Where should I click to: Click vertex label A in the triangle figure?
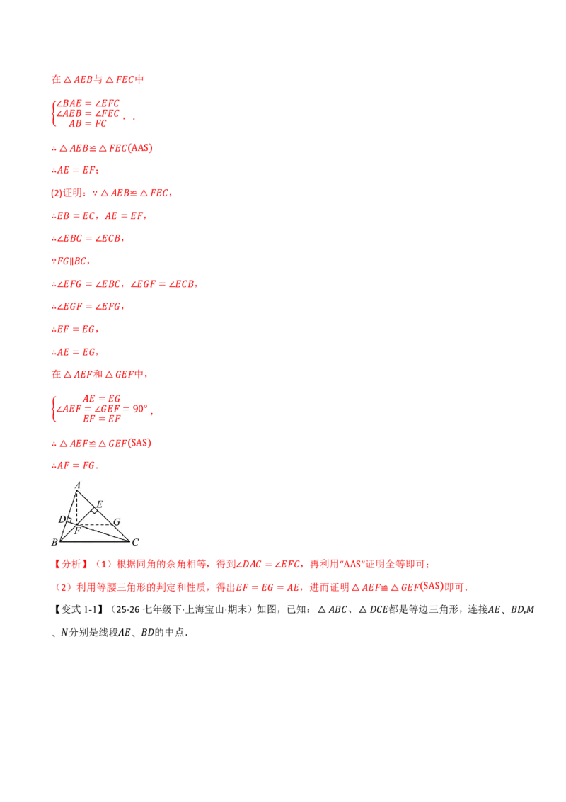coord(78,485)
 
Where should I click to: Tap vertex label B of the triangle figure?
coord(54,542)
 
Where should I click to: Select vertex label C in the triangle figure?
coord(135,542)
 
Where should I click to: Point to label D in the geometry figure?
coord(62,519)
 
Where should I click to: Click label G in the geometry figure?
coord(117,521)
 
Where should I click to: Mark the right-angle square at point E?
coord(94,510)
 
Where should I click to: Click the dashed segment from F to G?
coord(95,524)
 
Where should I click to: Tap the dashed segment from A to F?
coord(76,507)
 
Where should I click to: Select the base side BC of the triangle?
coord(95,541)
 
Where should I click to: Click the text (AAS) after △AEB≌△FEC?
coord(141,148)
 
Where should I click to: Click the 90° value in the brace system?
coord(140,409)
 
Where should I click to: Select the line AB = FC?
coord(88,124)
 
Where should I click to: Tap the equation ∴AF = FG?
coord(74,465)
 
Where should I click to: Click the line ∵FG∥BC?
coord(71,261)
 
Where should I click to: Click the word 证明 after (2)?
coord(72,193)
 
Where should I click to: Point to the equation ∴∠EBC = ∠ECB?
coord(88,238)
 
